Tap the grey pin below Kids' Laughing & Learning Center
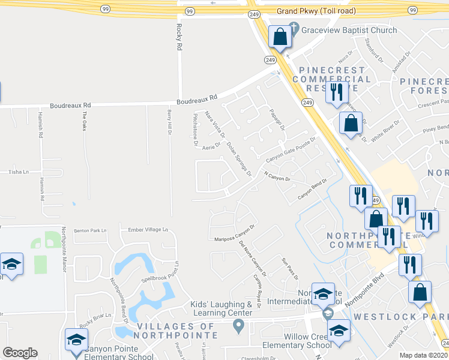239,327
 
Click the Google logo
20,353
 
